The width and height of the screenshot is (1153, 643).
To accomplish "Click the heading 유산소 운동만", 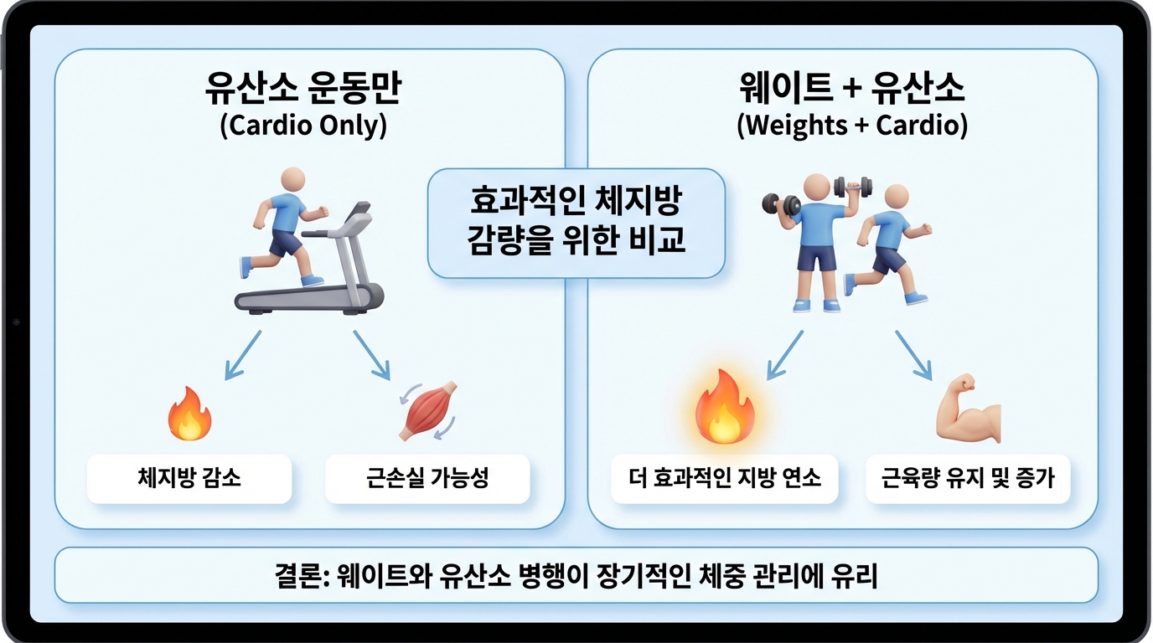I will coord(302,89).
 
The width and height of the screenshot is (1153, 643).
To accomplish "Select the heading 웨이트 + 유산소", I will coord(853,89).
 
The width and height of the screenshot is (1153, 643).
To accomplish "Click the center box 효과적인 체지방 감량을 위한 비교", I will coord(576,222).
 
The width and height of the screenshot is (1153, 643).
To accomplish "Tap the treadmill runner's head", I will coord(292,180).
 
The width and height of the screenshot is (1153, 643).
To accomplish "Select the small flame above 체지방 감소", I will coord(189,414).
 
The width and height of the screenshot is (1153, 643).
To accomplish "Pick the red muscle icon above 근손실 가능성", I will coord(427,411).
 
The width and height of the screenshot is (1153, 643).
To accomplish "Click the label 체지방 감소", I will coord(189,478).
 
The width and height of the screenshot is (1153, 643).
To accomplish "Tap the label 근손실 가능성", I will coord(427,478).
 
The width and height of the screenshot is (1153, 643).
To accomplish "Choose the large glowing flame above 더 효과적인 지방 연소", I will coord(724,409).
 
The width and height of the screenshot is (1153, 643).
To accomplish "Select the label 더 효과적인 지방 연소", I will coord(724,478).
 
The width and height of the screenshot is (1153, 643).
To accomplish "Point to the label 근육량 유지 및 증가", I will coord(968,478).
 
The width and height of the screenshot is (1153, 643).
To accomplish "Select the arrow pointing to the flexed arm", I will coord(914,354).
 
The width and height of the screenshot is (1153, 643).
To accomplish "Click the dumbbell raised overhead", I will coord(853,187).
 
